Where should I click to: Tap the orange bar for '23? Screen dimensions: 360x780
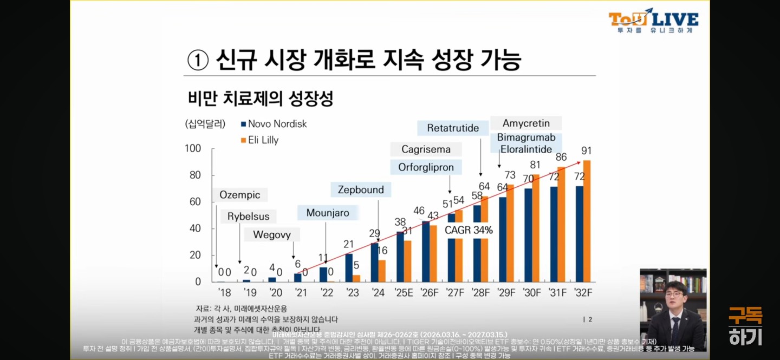[356, 278]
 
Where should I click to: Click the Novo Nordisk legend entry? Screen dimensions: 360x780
[274, 124]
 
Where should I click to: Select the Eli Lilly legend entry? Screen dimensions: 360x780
[259, 140]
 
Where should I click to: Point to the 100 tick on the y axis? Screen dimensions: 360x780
[193, 148]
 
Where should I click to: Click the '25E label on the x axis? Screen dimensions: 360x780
[404, 293]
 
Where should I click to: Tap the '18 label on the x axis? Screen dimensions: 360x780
[224, 293]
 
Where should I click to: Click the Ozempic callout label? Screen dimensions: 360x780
[240, 195]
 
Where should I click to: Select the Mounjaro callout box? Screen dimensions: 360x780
[328, 213]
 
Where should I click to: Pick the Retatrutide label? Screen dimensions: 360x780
[453, 128]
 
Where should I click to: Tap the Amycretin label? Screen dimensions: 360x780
[525, 123]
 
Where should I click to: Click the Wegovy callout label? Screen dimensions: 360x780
[272, 235]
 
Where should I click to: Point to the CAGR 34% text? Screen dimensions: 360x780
[469, 230]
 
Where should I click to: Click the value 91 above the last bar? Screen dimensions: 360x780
[586, 150]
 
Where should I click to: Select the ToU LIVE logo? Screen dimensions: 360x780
[653, 20]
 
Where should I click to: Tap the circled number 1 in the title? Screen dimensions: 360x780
[198, 60]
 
